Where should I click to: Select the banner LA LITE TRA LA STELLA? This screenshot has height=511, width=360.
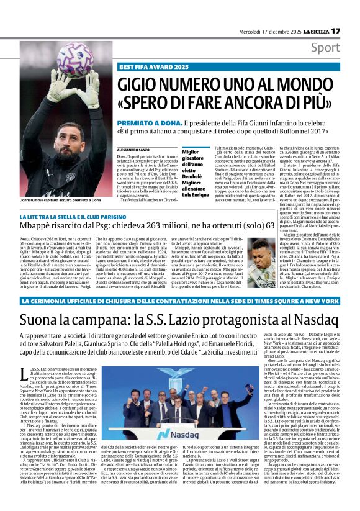pyautogui.click(x=81, y=215)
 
